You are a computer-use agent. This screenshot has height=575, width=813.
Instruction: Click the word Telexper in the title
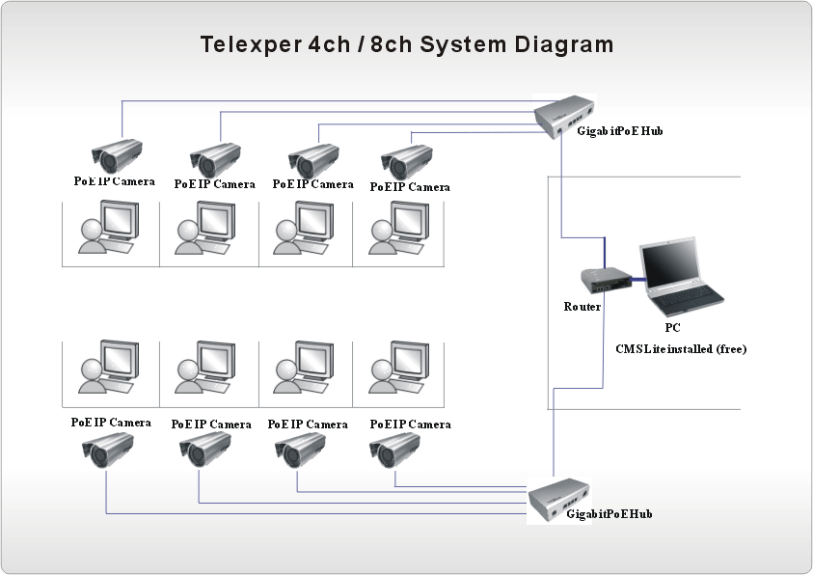tap(244, 44)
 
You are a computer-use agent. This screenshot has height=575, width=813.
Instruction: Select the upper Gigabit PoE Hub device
tap(565, 118)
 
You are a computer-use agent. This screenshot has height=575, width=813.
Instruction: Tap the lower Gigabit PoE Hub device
tap(560, 500)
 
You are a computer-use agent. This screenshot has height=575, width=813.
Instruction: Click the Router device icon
tap(605, 279)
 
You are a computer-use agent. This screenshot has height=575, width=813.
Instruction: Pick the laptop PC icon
tap(680, 278)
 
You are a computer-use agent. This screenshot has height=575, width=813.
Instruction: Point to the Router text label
tap(583, 307)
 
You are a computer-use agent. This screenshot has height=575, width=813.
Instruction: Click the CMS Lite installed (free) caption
tap(681, 348)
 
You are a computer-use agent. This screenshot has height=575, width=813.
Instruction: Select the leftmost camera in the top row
tap(117, 155)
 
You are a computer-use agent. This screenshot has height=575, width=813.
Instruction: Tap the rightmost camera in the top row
tap(406, 160)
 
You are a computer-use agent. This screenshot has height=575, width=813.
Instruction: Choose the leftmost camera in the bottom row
tap(108, 448)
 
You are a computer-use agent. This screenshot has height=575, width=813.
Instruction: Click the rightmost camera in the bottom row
tap(395, 448)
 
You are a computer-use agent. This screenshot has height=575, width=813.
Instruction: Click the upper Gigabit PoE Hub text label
tap(620, 131)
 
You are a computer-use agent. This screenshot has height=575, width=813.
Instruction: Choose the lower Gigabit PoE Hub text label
tap(610, 514)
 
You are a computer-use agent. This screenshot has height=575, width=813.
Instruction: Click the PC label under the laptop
tap(672, 328)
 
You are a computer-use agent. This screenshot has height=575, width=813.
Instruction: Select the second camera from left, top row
tap(215, 158)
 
